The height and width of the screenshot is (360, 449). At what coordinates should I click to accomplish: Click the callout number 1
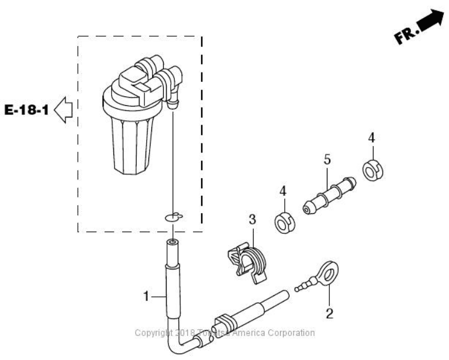pyautogui.click(x=147, y=297)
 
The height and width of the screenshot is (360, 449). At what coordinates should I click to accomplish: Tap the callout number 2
pyautogui.click(x=329, y=314)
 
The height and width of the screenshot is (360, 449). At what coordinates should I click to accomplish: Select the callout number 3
pyautogui.click(x=253, y=220)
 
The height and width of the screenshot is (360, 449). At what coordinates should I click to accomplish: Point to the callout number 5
pyautogui.click(x=327, y=159)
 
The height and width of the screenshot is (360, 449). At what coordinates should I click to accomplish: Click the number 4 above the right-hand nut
pyautogui.click(x=371, y=139)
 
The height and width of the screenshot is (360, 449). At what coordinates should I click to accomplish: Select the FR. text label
pyautogui.click(x=404, y=37)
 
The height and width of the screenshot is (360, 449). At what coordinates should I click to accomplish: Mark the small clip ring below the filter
pyautogui.click(x=173, y=217)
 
